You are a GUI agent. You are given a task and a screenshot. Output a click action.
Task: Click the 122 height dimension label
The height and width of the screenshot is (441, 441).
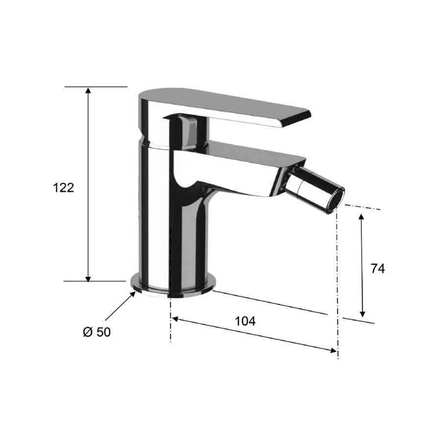click(64, 188)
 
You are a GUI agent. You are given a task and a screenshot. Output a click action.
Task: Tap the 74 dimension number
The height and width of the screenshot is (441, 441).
click(378, 268)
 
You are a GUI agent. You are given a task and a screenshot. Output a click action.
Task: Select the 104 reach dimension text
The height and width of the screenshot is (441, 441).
click(245, 321)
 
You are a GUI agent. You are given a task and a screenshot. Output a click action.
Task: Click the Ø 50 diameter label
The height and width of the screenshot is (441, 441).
click(97, 332)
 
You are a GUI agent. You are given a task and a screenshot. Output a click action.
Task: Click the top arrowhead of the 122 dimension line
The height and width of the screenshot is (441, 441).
click(88, 91)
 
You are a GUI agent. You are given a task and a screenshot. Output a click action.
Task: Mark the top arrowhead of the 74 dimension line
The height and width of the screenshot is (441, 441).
click(362, 217)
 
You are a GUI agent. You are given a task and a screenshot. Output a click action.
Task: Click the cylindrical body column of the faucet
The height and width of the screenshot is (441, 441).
click(171, 230)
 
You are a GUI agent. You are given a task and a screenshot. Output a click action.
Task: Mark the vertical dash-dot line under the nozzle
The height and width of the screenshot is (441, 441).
click(337, 274)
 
